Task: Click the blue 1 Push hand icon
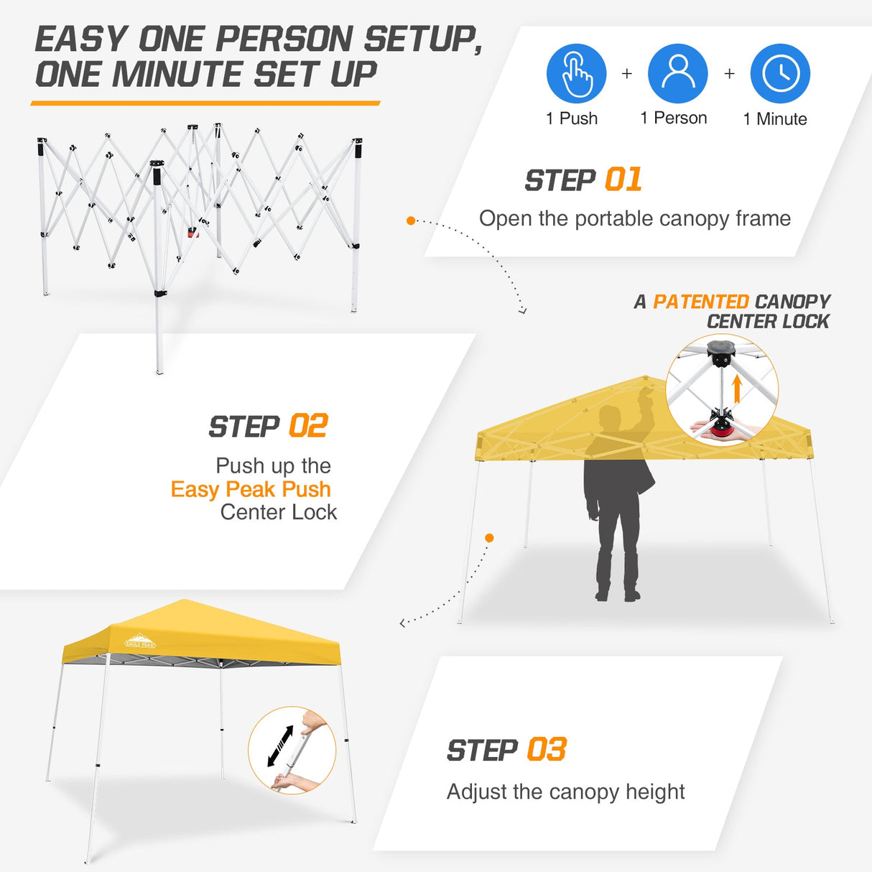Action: [576, 73]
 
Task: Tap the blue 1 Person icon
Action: [677, 73]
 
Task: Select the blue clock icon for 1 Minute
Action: [780, 73]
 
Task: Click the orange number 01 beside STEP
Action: [623, 180]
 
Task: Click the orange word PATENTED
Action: [700, 302]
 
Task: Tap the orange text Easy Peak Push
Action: [251, 489]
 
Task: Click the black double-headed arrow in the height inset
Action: [280, 746]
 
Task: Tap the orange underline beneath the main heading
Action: [205, 103]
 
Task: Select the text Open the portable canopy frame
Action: [634, 218]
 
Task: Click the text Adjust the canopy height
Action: [565, 792]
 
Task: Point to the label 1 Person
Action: [673, 119]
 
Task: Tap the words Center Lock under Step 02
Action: [278, 512]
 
